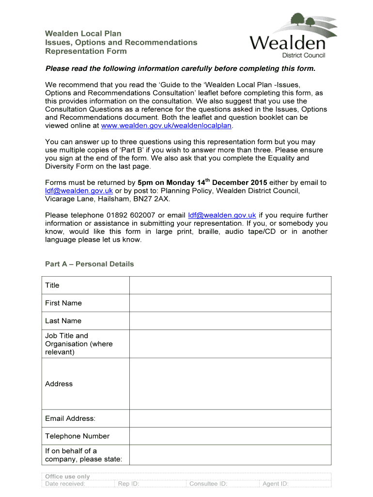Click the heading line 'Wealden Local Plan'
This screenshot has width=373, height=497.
pos(83,33)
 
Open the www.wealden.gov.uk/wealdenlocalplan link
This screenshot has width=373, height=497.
pos(167,126)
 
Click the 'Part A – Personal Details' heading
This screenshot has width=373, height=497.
pos(89,264)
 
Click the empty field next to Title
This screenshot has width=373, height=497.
pos(230,285)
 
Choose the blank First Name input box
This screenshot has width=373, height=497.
pos(230,303)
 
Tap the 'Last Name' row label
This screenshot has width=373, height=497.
pos(63,321)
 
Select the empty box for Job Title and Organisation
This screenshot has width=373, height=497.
pos(230,344)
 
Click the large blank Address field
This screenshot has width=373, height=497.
pos(230,384)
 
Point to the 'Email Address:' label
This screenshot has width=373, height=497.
pos(70,418)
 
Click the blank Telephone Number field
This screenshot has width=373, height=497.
pos(230,436)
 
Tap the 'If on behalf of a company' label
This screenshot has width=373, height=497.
pos(83,455)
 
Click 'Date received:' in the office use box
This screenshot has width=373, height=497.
pos(65,483)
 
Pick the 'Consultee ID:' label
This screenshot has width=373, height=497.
pos(208,483)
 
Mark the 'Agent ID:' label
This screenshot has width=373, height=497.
pos(275,483)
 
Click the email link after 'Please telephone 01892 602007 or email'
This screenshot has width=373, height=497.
pos(222,215)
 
